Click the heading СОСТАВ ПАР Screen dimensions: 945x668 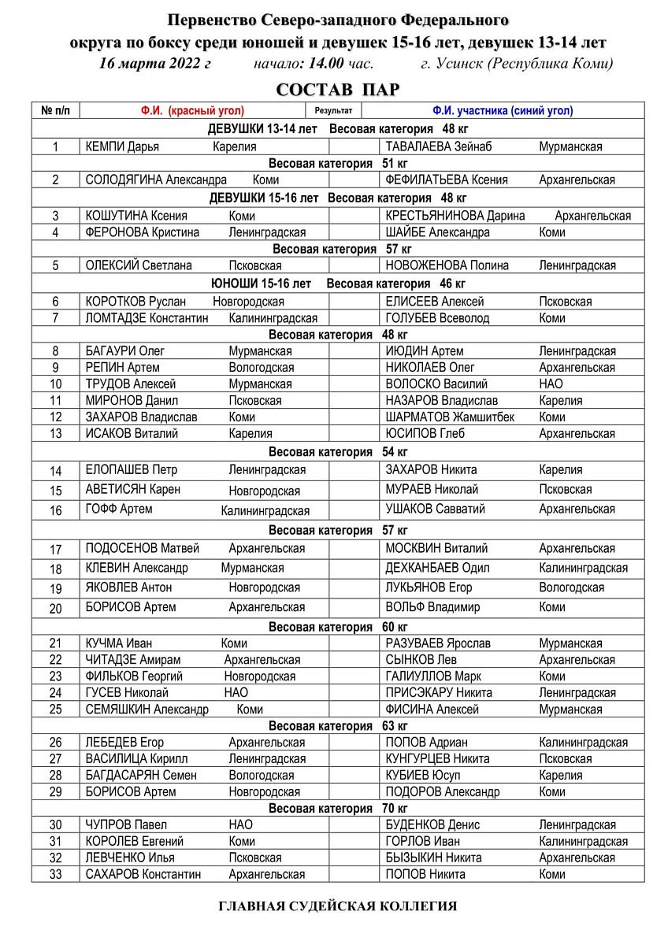[x=337, y=90]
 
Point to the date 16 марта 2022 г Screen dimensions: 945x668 [x=155, y=64]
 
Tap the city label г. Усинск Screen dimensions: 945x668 [x=452, y=64]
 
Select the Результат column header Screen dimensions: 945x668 [x=333, y=111]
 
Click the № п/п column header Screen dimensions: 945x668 [x=55, y=111]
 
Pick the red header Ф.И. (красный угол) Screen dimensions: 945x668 [x=192, y=111]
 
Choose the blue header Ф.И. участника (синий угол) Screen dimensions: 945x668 [x=502, y=111]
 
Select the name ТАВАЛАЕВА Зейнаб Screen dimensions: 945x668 [x=433, y=146]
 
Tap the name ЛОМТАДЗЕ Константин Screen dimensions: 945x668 [x=147, y=318]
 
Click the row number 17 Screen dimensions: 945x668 [x=55, y=549]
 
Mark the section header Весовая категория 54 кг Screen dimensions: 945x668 [x=337, y=452]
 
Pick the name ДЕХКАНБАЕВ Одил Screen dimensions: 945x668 [x=437, y=568]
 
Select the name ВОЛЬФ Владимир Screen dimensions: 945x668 [x=432, y=607]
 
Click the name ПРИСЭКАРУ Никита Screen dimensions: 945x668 [x=438, y=693]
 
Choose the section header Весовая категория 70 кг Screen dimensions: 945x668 [x=337, y=809]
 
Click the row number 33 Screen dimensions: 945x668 [x=55, y=874]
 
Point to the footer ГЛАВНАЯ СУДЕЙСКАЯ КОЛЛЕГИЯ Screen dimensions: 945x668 [x=337, y=906]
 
